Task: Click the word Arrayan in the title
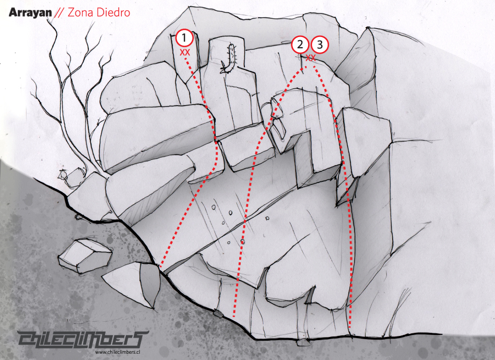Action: (30, 13)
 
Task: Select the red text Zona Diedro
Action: (99, 13)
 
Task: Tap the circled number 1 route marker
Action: (184, 38)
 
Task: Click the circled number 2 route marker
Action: (300, 44)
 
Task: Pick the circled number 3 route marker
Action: (320, 44)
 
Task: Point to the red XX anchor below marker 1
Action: (185, 52)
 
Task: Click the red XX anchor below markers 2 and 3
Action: (311, 58)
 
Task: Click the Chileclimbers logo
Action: (82, 340)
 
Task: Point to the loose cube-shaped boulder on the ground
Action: (85, 256)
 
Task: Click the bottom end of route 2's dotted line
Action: (234, 316)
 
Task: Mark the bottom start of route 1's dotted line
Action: (161, 265)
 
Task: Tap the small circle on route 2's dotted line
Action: (242, 241)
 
